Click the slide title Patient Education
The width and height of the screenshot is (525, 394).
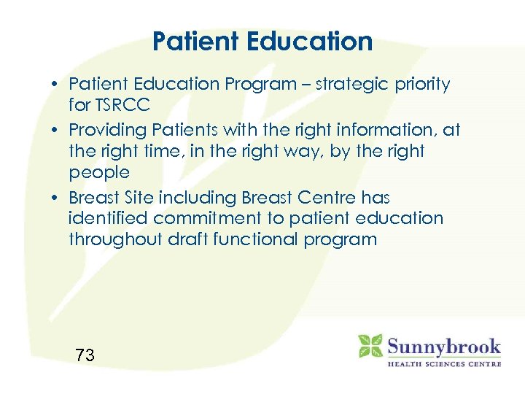(262, 41)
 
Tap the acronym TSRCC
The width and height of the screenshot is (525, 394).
(121, 105)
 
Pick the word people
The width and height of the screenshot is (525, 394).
(99, 173)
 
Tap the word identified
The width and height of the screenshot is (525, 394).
(106, 218)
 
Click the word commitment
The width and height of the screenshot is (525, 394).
(204, 218)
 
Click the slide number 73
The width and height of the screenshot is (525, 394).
(85, 355)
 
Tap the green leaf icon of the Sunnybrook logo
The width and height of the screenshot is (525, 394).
(370, 346)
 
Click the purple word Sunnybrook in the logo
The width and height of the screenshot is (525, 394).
(443, 345)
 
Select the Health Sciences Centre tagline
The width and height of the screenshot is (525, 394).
(443, 363)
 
